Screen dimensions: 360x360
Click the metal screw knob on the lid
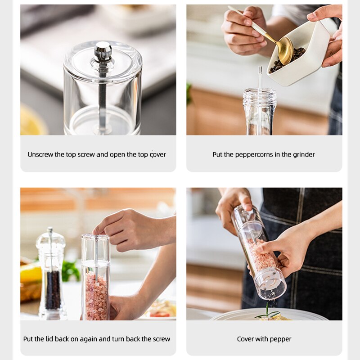pos(103,51)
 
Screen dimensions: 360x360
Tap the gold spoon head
pos(285,50)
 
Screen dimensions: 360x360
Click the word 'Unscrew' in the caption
pos(40,154)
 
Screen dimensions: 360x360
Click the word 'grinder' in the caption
pos(304,154)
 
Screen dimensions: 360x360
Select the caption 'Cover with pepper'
pos(264,339)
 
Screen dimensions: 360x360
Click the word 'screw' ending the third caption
pos(161,339)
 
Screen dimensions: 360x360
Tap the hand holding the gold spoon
pos(243,31)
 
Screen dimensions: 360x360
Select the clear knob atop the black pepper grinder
pos(50,236)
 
